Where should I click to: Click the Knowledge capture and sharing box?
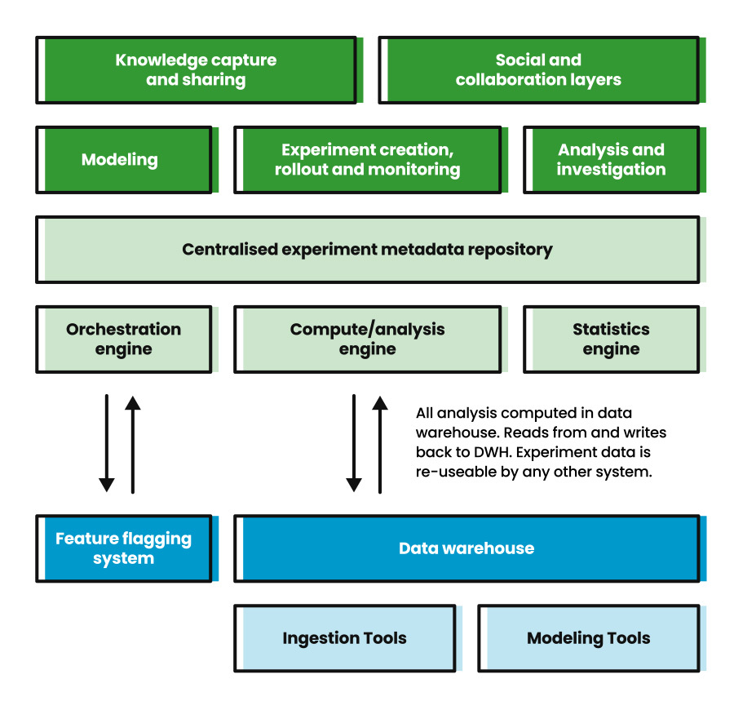click(x=196, y=70)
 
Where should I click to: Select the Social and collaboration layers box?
click(x=538, y=70)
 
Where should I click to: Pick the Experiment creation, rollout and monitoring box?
click(x=367, y=160)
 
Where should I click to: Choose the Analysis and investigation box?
click(x=611, y=160)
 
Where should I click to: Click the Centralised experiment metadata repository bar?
click(x=367, y=250)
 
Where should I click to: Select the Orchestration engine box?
click(x=124, y=339)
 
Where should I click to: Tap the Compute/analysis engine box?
click(x=367, y=339)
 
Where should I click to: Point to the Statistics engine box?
click(x=611, y=339)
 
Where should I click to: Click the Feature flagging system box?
click(x=124, y=548)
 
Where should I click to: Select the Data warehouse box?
click(x=466, y=548)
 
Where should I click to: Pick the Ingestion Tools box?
click(x=344, y=638)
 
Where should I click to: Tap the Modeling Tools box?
click(x=588, y=638)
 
